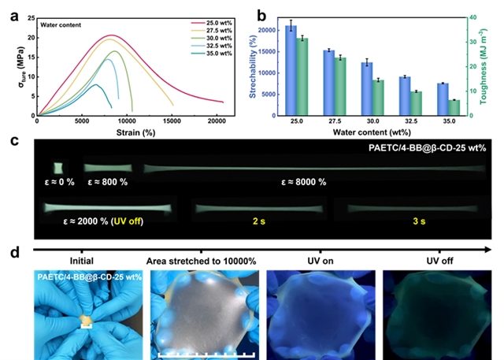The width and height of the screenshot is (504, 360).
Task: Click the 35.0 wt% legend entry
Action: (x=215, y=54)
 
